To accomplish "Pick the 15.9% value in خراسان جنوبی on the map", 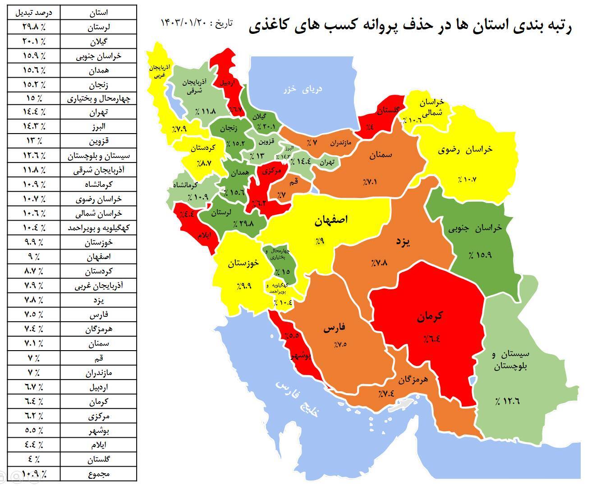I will point(480,255).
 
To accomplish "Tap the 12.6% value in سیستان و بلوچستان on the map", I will point(506,401).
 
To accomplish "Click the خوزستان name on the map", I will point(243,264).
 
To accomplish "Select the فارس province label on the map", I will point(334,328).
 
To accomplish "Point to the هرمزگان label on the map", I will point(413,380).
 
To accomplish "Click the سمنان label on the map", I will point(381,155).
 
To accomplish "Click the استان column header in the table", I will point(98,13).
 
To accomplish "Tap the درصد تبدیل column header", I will point(34,13).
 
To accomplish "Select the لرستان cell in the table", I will point(98,27).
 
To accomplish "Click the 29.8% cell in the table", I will point(34,27).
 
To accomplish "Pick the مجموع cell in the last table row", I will point(98,474).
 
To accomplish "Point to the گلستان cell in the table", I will point(98,459).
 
